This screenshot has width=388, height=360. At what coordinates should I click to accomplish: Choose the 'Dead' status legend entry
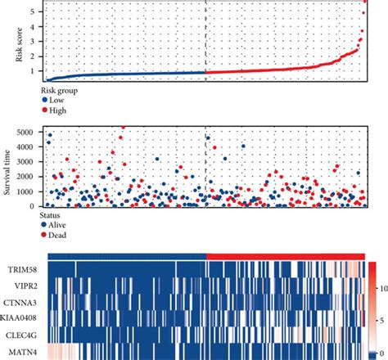tap(56, 235)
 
